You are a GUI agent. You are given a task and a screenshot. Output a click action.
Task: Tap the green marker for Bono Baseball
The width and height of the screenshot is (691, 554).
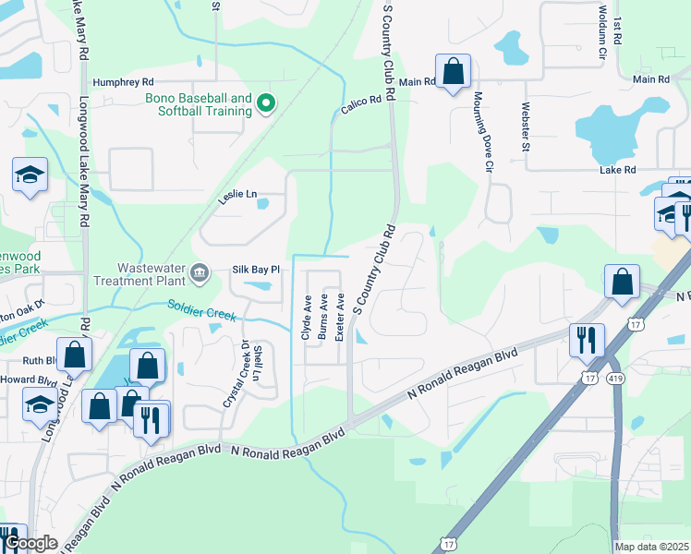[x=266, y=103]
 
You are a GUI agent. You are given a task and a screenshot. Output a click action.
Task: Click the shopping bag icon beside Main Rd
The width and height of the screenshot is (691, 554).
[x=453, y=72]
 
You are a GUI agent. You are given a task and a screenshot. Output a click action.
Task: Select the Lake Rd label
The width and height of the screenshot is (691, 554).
[x=617, y=170]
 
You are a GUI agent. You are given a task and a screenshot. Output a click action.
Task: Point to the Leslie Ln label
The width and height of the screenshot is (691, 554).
[x=238, y=194]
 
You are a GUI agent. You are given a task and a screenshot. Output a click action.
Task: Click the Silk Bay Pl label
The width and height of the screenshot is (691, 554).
[x=255, y=269]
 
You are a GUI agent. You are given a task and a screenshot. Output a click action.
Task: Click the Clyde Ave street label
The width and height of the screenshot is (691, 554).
[x=307, y=317]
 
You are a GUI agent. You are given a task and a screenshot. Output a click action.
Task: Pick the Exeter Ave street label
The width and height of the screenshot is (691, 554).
[x=339, y=317]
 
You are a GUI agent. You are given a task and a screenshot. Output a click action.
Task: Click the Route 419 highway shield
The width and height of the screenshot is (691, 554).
[x=616, y=378]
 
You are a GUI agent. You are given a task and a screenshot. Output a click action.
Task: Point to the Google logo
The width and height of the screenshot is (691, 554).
[x=30, y=543]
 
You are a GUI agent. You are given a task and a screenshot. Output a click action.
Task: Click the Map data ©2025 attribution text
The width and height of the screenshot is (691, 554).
[x=650, y=547]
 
